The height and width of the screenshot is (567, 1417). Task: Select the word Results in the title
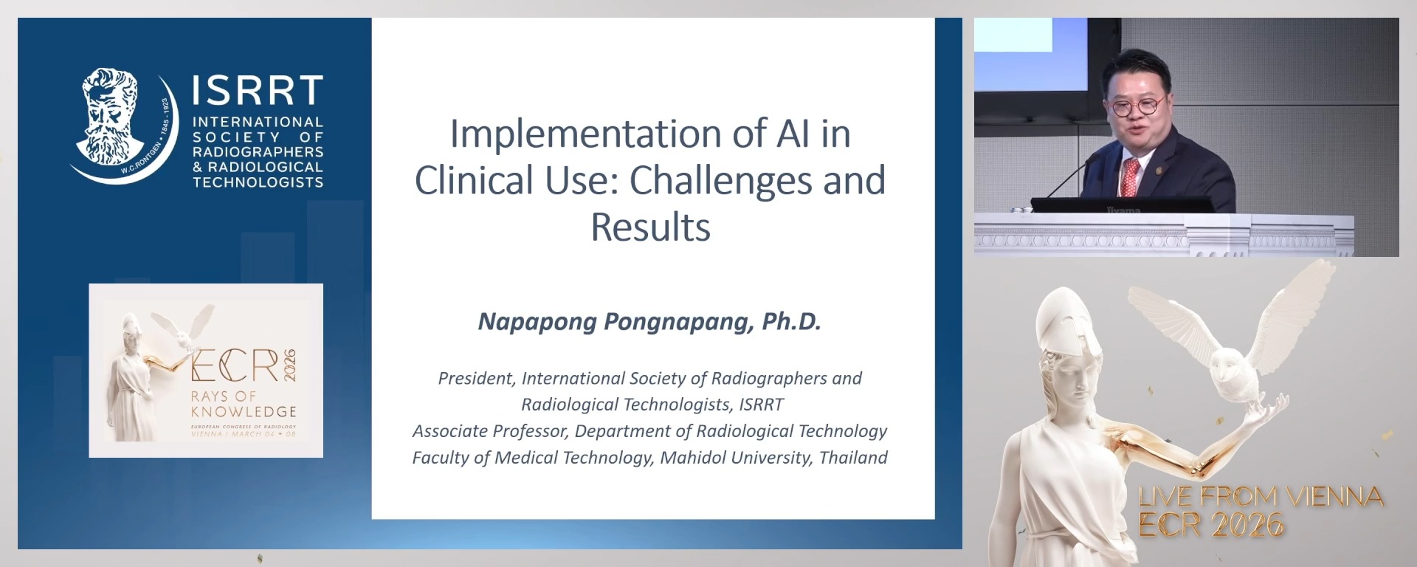tap(650, 227)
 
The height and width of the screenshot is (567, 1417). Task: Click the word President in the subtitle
tap(475, 378)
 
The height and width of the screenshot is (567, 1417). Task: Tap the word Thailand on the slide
tap(853, 458)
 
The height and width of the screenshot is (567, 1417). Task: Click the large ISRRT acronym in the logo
tap(258, 91)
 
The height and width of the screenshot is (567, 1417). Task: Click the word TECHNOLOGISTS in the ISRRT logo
tap(258, 182)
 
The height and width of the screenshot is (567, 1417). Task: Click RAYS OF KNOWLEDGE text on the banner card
tap(244, 404)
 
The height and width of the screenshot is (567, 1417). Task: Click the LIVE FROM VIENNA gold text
tap(1261, 497)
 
